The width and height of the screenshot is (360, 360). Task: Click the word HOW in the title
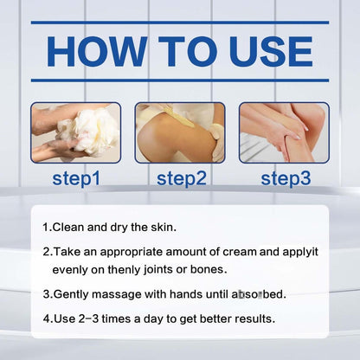click(x=97, y=52)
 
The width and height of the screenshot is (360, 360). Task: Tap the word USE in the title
click(x=272, y=52)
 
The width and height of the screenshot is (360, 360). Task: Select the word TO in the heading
click(x=189, y=52)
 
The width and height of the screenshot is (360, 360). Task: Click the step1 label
click(x=76, y=178)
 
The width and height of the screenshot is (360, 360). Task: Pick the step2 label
click(x=182, y=178)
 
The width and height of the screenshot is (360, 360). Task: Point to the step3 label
click(x=286, y=178)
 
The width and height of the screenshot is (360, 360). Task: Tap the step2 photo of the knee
click(x=180, y=132)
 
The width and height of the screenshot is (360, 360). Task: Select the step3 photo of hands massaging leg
click(x=284, y=132)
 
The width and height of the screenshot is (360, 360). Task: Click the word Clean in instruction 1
click(x=68, y=228)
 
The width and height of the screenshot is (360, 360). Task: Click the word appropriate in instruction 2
click(x=132, y=253)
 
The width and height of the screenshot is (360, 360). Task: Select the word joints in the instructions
click(x=158, y=270)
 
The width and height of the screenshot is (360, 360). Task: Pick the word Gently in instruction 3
click(x=71, y=295)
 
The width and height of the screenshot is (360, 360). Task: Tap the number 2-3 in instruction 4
click(x=88, y=319)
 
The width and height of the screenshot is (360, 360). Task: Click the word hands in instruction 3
click(x=186, y=294)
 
